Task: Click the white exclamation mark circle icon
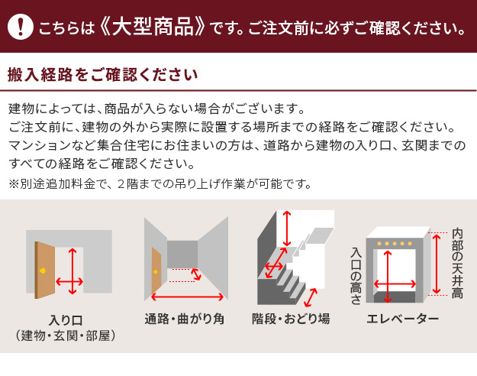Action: (21, 27)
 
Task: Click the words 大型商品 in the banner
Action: (152, 27)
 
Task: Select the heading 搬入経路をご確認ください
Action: (103, 75)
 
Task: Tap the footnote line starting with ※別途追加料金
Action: (160, 183)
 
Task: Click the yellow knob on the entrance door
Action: (43, 271)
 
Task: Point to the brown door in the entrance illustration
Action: (45, 270)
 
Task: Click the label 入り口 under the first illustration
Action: (66, 320)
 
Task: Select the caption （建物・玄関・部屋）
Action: (66, 335)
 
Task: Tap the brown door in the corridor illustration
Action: (156, 271)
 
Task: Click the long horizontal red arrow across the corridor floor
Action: (188, 297)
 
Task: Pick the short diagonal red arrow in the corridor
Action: (196, 274)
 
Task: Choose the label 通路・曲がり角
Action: (185, 319)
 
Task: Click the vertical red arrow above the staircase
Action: (286, 229)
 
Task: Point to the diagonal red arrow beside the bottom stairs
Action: (311, 298)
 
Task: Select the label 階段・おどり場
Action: (291, 319)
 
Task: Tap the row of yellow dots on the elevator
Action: (395, 244)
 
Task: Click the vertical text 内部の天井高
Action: (457, 263)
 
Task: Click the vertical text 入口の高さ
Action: (356, 277)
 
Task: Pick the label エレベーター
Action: (403, 319)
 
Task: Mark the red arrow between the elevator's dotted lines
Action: (437, 264)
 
